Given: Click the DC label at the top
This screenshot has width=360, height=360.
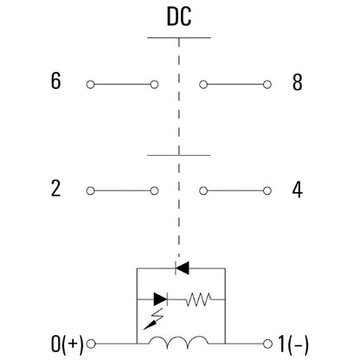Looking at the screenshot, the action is [x=179, y=16].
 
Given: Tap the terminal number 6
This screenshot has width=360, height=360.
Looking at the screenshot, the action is [x=55, y=80].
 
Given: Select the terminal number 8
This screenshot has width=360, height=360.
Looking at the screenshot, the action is [x=298, y=82].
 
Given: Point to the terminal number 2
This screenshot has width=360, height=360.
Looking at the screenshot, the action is [x=55, y=189].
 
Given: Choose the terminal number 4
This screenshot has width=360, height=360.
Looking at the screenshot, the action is [x=298, y=190].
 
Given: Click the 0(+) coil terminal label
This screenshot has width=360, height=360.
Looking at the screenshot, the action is [x=67, y=344].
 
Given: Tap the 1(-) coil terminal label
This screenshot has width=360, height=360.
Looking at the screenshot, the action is [x=293, y=344].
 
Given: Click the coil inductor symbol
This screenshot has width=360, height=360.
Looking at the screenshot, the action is [x=178, y=342].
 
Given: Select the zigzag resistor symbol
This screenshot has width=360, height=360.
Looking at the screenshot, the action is [x=198, y=299].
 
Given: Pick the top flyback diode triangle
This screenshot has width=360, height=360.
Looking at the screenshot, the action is [x=183, y=268].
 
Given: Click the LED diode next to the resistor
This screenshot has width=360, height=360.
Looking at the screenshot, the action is [x=160, y=299].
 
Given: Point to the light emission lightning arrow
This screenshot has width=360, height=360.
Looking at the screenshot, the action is [x=153, y=319].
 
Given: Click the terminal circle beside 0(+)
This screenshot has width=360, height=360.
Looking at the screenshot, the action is [x=91, y=344].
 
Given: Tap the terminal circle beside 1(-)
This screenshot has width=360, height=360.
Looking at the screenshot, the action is [x=267, y=344].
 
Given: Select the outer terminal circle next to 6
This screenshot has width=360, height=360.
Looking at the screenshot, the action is [x=91, y=85].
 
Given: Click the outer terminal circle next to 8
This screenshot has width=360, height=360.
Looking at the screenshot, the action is [x=267, y=85].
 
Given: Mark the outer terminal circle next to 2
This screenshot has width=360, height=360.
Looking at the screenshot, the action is [x=91, y=191].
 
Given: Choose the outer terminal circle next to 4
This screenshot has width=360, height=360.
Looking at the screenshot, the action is [x=267, y=191].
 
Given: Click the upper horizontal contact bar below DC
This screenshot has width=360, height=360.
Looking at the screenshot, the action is [x=179, y=38].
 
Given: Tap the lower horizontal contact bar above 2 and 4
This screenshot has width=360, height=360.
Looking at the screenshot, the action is [x=179, y=156].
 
